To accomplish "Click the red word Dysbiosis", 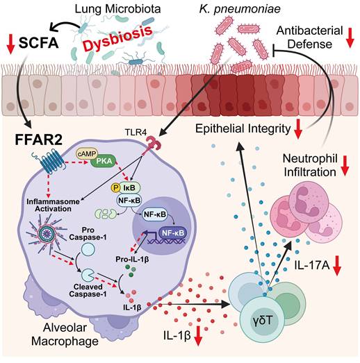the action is tap(117, 38).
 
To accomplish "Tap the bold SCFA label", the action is tap(38, 43).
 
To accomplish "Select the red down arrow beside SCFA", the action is tap(10, 44).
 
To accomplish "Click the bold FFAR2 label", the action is tap(38, 140).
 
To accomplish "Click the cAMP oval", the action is tap(87, 154).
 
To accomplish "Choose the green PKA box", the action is tap(104, 161).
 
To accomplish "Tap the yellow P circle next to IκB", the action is tap(115, 187).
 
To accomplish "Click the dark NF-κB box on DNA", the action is tap(173, 233).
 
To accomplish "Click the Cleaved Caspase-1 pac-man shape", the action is tap(87, 275).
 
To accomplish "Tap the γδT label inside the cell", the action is tap(263, 321).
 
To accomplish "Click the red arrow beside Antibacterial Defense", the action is tap(350, 37).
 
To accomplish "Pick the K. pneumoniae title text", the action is tap(240, 9).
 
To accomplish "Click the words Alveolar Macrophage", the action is tap(65, 335).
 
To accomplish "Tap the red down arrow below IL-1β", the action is tap(198, 336).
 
